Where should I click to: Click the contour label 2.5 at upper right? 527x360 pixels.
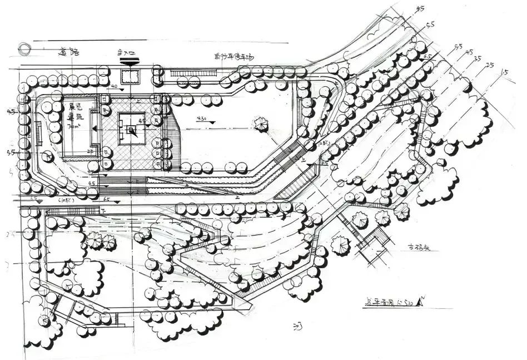490,65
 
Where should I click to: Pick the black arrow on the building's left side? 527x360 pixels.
96,129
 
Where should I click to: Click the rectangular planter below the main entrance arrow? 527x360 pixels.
130,77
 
